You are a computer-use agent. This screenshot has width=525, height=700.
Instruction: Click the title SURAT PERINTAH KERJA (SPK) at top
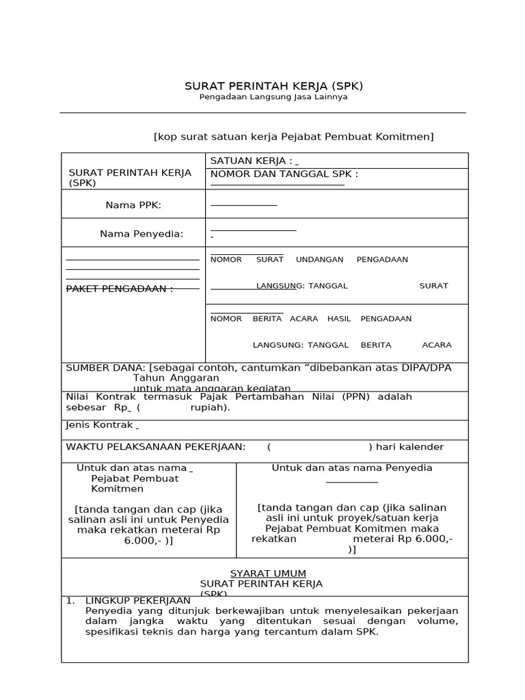[273, 86]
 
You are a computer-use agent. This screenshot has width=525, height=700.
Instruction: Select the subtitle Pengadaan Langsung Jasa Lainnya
[273, 97]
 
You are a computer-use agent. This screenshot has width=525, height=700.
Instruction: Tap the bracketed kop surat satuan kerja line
[293, 137]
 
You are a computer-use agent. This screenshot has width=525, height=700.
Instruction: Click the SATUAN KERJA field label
[251, 161]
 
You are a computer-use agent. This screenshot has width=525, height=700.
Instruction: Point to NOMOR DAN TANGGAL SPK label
[284, 174]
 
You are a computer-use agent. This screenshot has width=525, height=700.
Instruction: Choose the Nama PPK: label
[133, 205]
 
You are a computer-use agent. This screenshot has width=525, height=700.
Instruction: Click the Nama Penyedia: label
[142, 234]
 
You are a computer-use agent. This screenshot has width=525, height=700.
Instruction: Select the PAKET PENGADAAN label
[119, 288]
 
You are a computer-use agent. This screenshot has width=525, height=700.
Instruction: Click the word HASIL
[339, 319]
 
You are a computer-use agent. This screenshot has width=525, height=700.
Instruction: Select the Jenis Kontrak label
[99, 425]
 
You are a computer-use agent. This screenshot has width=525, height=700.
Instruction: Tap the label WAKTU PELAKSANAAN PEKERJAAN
[155, 447]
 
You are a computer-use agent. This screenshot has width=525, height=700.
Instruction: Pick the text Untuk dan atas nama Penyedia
[352, 468]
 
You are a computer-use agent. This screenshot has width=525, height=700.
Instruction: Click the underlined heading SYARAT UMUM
[268, 574]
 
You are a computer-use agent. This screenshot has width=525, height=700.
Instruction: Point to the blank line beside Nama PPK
[243, 205]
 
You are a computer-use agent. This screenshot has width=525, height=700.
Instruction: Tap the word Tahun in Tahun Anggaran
[145, 378]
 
